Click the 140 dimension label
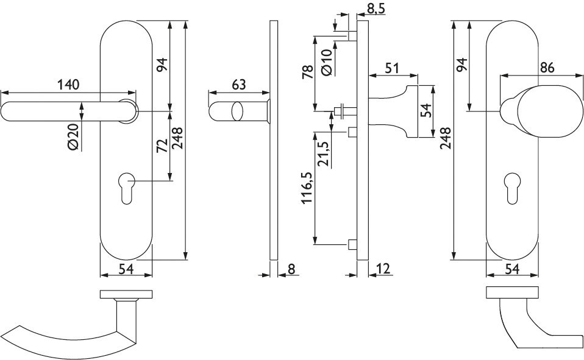(x=68, y=85)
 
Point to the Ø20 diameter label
(x=74, y=137)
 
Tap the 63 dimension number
(x=239, y=85)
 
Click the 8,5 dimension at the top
(x=374, y=8)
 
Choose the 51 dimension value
(x=391, y=68)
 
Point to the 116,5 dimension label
(x=307, y=188)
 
